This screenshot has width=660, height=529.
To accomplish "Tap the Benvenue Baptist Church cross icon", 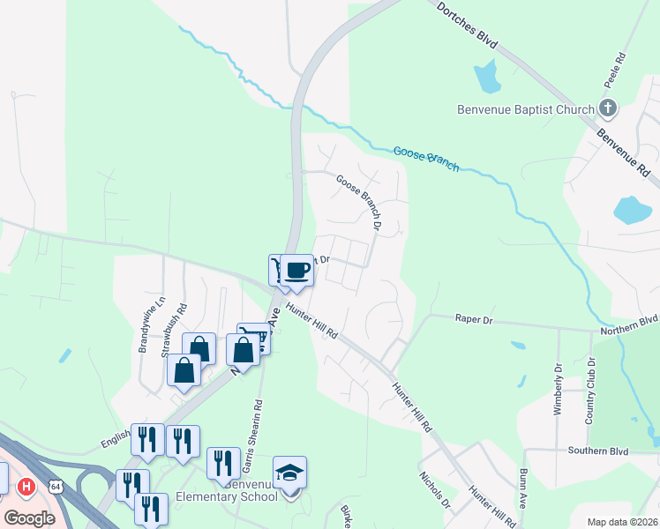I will click(607, 109).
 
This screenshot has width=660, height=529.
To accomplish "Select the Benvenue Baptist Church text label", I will click(525, 110).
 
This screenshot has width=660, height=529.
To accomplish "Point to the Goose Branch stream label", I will click(426, 159).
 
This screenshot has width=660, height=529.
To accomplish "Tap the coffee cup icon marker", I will click(297, 269).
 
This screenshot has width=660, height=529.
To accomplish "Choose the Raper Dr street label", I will click(473, 319).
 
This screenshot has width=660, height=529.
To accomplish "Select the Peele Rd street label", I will click(620, 69).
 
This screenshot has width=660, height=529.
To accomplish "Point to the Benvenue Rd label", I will click(625, 151).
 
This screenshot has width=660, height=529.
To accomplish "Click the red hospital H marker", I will click(27, 486).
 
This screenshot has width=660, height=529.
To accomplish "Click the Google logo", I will click(29, 518).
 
